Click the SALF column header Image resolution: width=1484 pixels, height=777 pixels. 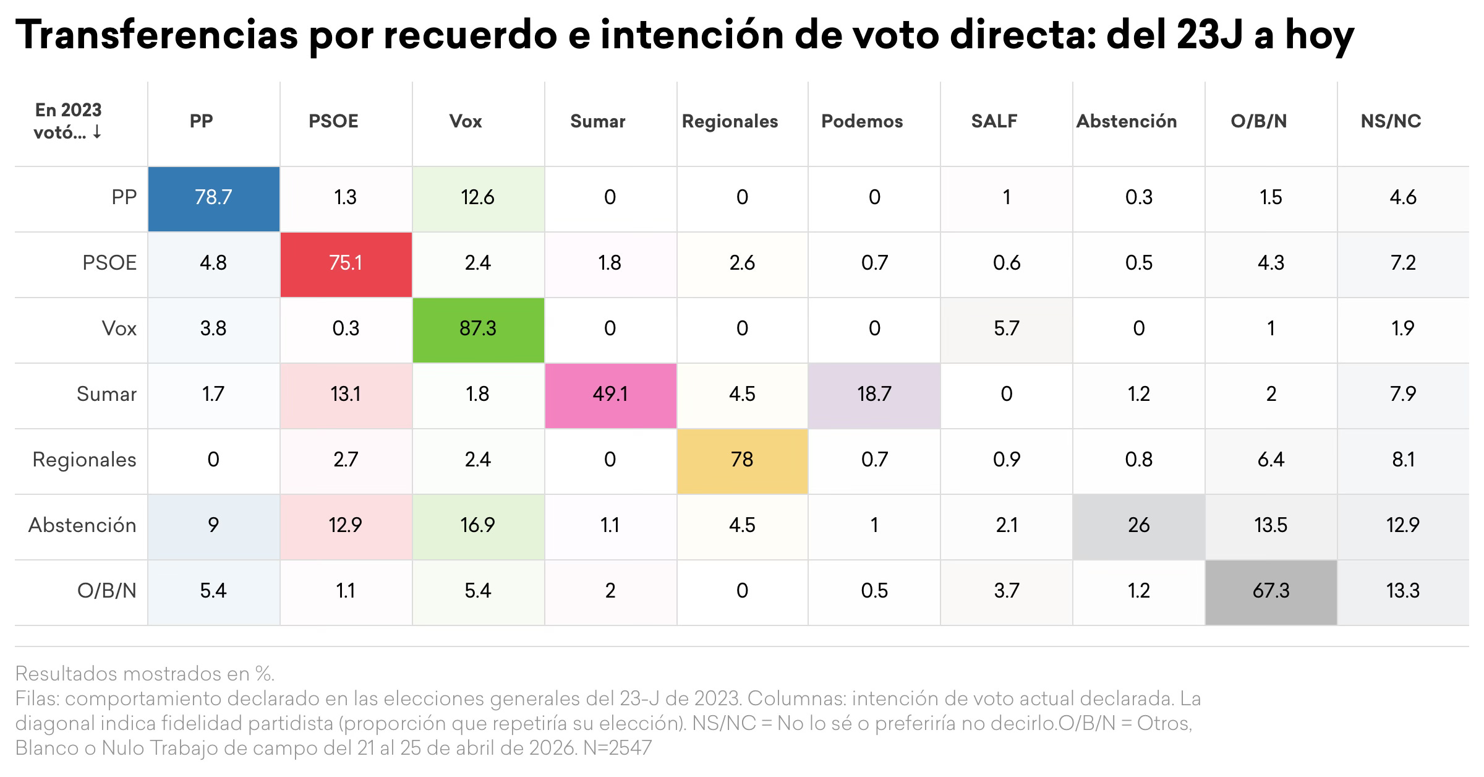coord(994,121)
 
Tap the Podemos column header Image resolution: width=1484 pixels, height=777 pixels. coord(862,121)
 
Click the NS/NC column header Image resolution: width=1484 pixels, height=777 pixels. coord(1391,121)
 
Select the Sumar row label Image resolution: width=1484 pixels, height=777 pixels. coord(106,394)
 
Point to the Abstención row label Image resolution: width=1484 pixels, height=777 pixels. coord(82,525)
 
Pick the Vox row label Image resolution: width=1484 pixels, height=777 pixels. coord(119,328)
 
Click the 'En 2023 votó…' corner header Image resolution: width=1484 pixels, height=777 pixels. coord(68,121)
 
